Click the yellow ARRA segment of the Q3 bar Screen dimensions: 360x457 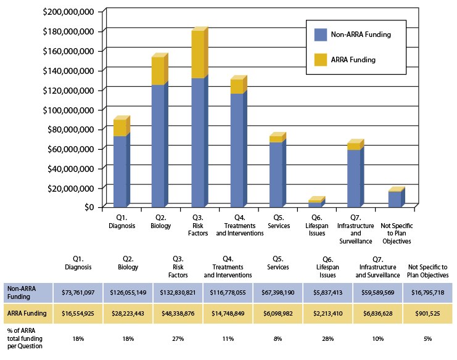point(197,54)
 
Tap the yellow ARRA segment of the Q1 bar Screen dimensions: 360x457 point(120,127)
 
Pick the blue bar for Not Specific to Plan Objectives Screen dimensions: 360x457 point(395,199)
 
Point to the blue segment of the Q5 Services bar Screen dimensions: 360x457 point(276,174)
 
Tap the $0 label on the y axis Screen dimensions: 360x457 point(90,207)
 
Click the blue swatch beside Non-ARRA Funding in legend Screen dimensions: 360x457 point(321,35)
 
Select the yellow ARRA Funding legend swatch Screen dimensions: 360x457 point(321,59)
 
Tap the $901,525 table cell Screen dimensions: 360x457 point(428,313)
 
